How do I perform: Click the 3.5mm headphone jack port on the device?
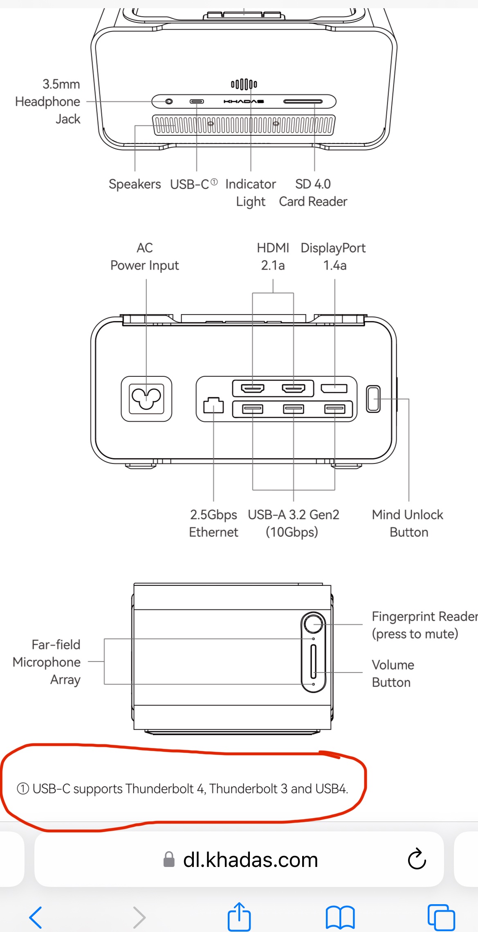pyautogui.click(x=169, y=101)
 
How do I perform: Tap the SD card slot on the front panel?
pyautogui.click(x=303, y=101)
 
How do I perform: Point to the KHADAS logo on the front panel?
pyautogui.click(x=244, y=101)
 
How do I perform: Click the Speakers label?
pyautogui.click(x=135, y=184)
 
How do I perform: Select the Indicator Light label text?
pyautogui.click(x=251, y=193)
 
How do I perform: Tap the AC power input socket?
pyautogui.click(x=146, y=399)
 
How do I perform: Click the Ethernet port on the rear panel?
pyautogui.click(x=213, y=405)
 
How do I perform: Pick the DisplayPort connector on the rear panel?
pyautogui.click(x=334, y=388)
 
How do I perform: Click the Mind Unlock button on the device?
pyautogui.click(x=373, y=399)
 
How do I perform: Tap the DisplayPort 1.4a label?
pyautogui.click(x=333, y=257)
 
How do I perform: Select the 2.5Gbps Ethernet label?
pyautogui.click(x=213, y=523)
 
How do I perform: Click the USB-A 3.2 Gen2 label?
pyautogui.click(x=294, y=523)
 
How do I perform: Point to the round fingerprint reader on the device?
pyautogui.click(x=314, y=624)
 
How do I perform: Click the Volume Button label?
pyautogui.click(x=393, y=673)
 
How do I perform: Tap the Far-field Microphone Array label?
pyautogui.click(x=47, y=662)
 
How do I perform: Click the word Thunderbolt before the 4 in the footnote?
pyautogui.click(x=159, y=788)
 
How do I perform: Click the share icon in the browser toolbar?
pyautogui.click(x=239, y=916)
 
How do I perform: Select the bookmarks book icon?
pyautogui.click(x=340, y=917)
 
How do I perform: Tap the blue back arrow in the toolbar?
pyautogui.click(x=36, y=917)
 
